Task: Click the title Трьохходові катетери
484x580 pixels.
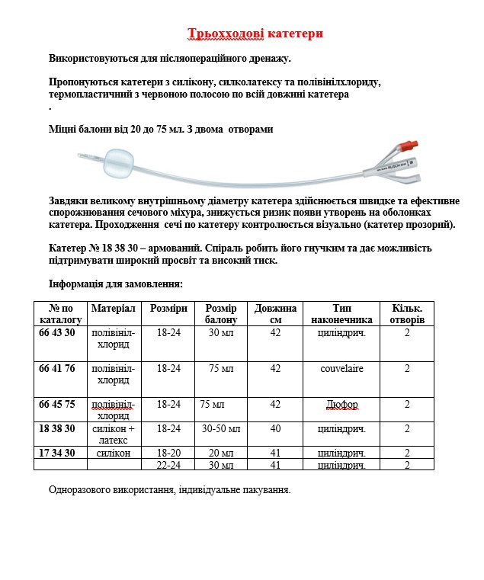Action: point(255,34)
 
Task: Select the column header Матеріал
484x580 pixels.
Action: point(113,308)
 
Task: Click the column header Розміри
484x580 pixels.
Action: point(168,308)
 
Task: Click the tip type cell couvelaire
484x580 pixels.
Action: point(341,369)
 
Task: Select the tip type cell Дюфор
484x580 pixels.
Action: point(341,405)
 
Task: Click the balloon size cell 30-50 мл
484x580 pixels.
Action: point(221,429)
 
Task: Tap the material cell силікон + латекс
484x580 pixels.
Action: point(114,434)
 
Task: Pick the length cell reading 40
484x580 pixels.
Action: point(275,429)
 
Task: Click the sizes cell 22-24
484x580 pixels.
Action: point(168,465)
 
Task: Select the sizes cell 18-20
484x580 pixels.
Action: point(168,453)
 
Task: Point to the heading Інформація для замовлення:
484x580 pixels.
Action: point(116,284)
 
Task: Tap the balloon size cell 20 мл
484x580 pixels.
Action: point(221,453)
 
